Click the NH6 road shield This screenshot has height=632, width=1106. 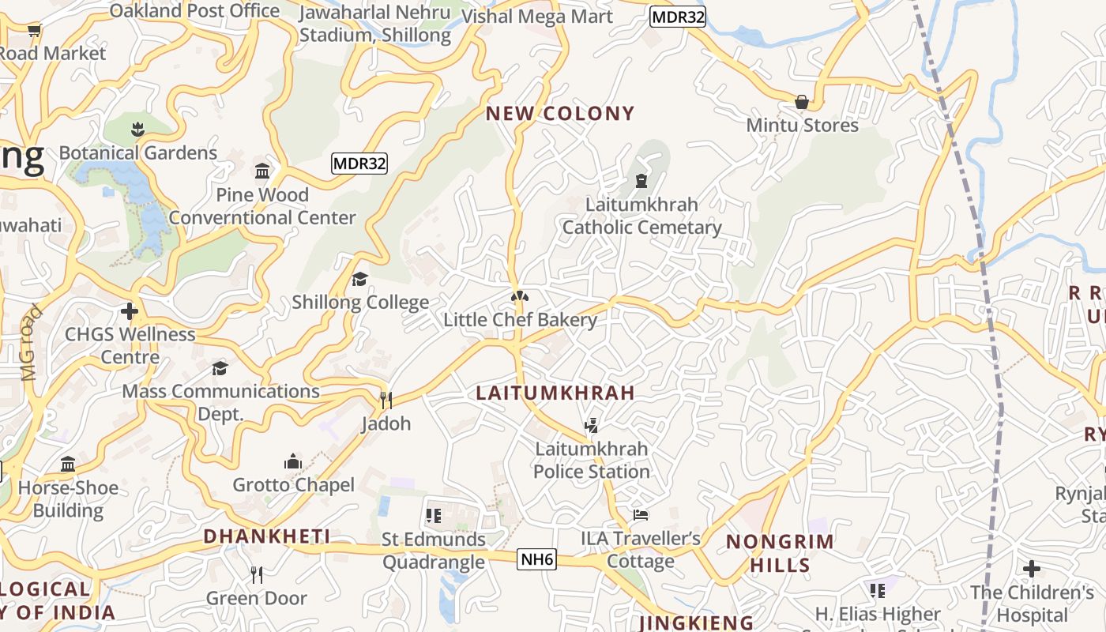point(537,560)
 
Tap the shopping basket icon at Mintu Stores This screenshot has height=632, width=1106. point(802,102)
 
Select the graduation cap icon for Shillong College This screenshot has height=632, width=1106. point(359,279)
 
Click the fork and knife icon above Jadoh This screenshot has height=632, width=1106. point(386,401)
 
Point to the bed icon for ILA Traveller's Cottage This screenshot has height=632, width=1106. point(641,515)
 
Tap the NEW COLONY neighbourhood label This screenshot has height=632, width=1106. point(559,114)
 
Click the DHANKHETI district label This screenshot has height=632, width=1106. point(266,536)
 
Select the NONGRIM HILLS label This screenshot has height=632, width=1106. point(780,553)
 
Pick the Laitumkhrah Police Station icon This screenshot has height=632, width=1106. point(591,426)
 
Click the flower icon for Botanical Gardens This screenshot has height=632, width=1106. point(137,129)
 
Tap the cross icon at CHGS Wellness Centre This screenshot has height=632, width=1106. point(130,311)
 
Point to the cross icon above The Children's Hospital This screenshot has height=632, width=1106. point(1031,569)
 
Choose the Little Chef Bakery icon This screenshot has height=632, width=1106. point(519,297)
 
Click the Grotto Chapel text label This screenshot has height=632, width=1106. point(293,484)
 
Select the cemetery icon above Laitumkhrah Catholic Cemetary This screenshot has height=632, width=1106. point(641,181)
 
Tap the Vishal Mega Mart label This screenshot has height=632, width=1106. point(536,17)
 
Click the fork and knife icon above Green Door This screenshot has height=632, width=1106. point(256,574)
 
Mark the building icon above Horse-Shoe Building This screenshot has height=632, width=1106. point(68,464)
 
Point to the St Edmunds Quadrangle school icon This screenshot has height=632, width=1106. point(433,516)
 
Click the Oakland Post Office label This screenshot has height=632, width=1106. point(194,11)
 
